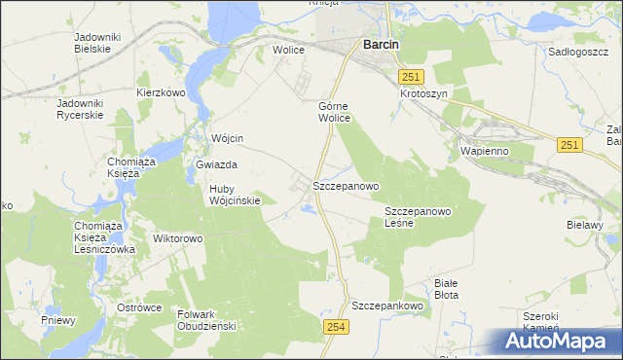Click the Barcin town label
click(384, 44)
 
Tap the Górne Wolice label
click(334, 112)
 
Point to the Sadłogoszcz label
click(578, 51)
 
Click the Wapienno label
click(484, 151)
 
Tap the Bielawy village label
click(586, 225)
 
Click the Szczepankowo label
click(389, 305)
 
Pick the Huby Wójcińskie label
click(235, 195)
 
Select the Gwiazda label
click(216, 165)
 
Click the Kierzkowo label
click(161, 93)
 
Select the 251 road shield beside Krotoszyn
click(413, 76)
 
